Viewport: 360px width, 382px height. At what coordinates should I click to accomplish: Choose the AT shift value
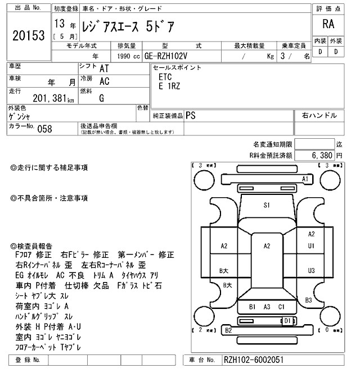coord(104,68)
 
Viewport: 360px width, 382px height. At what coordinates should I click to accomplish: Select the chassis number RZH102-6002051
coord(253,360)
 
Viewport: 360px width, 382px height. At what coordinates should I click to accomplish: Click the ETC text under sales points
coord(165,76)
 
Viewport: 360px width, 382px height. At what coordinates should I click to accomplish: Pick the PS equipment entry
coord(191,115)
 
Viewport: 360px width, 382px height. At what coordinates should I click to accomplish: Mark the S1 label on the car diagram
coord(267,205)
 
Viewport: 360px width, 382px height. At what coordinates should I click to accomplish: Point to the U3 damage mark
coord(311,271)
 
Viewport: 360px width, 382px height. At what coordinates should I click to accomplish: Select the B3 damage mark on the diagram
coord(308,301)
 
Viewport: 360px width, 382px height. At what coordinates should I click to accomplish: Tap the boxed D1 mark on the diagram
coord(287,320)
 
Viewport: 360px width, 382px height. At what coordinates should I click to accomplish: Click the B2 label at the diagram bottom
coord(228,331)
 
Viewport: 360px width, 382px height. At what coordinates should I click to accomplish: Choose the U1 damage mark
coord(311,245)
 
